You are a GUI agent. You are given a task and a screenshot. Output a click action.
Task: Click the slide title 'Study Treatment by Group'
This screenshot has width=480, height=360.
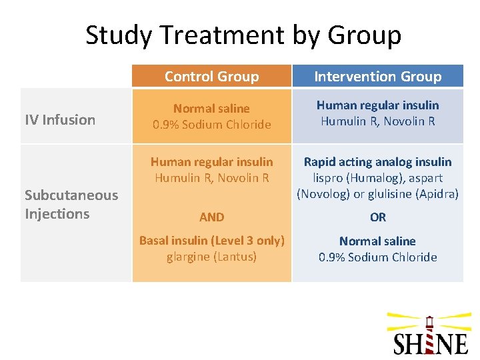coord(243,35)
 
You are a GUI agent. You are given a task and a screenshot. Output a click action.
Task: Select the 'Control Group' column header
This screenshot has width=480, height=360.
coord(211,77)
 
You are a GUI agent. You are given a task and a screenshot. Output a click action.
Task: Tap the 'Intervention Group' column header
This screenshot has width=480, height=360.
coord(377,77)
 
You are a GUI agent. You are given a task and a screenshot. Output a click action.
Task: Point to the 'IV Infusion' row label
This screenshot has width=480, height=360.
coord(60,120)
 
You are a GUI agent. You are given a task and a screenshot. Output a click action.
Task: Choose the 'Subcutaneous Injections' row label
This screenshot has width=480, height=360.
coord(71,205)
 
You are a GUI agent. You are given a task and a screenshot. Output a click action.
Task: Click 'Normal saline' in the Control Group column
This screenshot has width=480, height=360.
coord(211,108)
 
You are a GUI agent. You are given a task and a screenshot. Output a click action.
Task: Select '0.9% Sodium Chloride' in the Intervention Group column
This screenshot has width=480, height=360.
coord(377,257)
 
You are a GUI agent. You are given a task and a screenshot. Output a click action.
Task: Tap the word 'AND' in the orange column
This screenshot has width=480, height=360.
coord(211,217)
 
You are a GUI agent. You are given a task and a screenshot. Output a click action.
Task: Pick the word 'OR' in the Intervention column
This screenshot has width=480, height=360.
coord(377,217)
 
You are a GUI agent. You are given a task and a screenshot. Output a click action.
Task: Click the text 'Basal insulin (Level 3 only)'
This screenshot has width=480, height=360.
coord(211,241)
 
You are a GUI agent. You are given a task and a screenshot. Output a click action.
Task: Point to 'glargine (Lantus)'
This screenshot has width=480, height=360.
coord(211,257)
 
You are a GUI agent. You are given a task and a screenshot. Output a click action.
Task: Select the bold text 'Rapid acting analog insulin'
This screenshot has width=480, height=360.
coord(377,162)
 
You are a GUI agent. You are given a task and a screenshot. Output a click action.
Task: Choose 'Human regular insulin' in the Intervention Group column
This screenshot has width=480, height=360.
coord(377,105)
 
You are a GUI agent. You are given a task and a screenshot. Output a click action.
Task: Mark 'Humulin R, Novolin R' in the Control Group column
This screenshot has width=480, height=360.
coord(211,178)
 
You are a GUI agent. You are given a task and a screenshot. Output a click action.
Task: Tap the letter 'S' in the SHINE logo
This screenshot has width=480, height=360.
coord(401,344)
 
